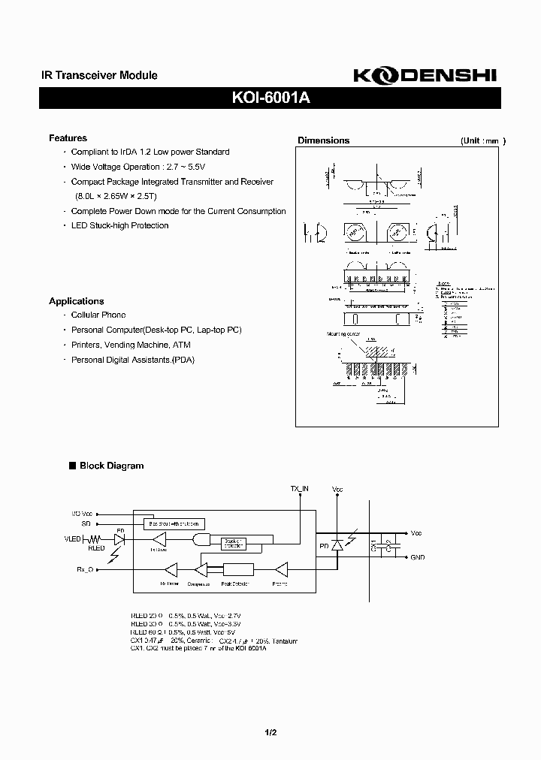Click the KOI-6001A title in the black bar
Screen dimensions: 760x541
270,98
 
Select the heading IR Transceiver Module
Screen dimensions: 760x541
98,75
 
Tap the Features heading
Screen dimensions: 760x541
68,138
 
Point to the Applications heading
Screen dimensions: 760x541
76,301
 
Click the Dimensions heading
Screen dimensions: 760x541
323,140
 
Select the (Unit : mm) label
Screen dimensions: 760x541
482,140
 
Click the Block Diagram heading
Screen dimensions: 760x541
111,466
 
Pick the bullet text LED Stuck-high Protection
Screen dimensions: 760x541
119,225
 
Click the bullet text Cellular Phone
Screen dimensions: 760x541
98,315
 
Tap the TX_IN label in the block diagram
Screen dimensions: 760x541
300,489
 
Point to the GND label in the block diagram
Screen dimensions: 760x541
417,558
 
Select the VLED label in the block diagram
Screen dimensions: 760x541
73,538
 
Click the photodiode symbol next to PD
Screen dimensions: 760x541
337,546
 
